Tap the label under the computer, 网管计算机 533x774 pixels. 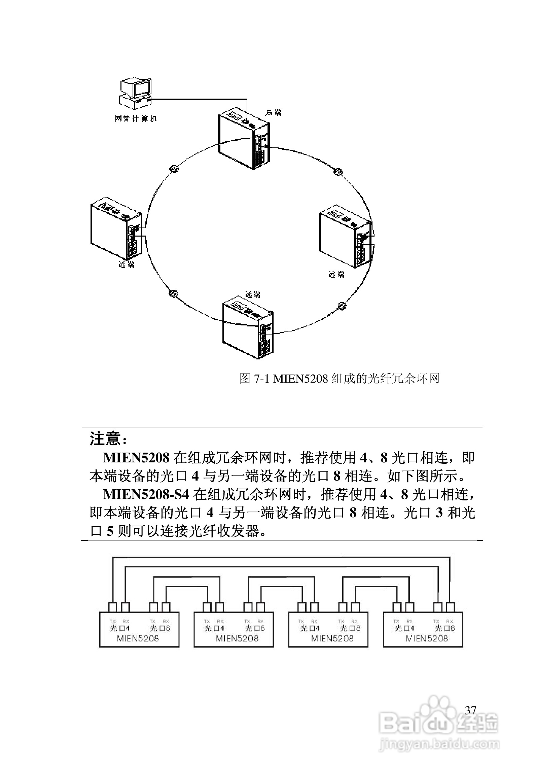coord(135,118)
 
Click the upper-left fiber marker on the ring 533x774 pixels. coord(174,169)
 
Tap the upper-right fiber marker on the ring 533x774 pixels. coord(337,172)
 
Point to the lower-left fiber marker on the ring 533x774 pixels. coord(173,292)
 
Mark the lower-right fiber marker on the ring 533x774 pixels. coord(342,306)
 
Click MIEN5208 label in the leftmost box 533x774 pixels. coord(138,638)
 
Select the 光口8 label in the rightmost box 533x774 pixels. coord(445,628)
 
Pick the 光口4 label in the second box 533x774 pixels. coord(214,628)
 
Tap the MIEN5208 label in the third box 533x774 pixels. coord(332,638)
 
